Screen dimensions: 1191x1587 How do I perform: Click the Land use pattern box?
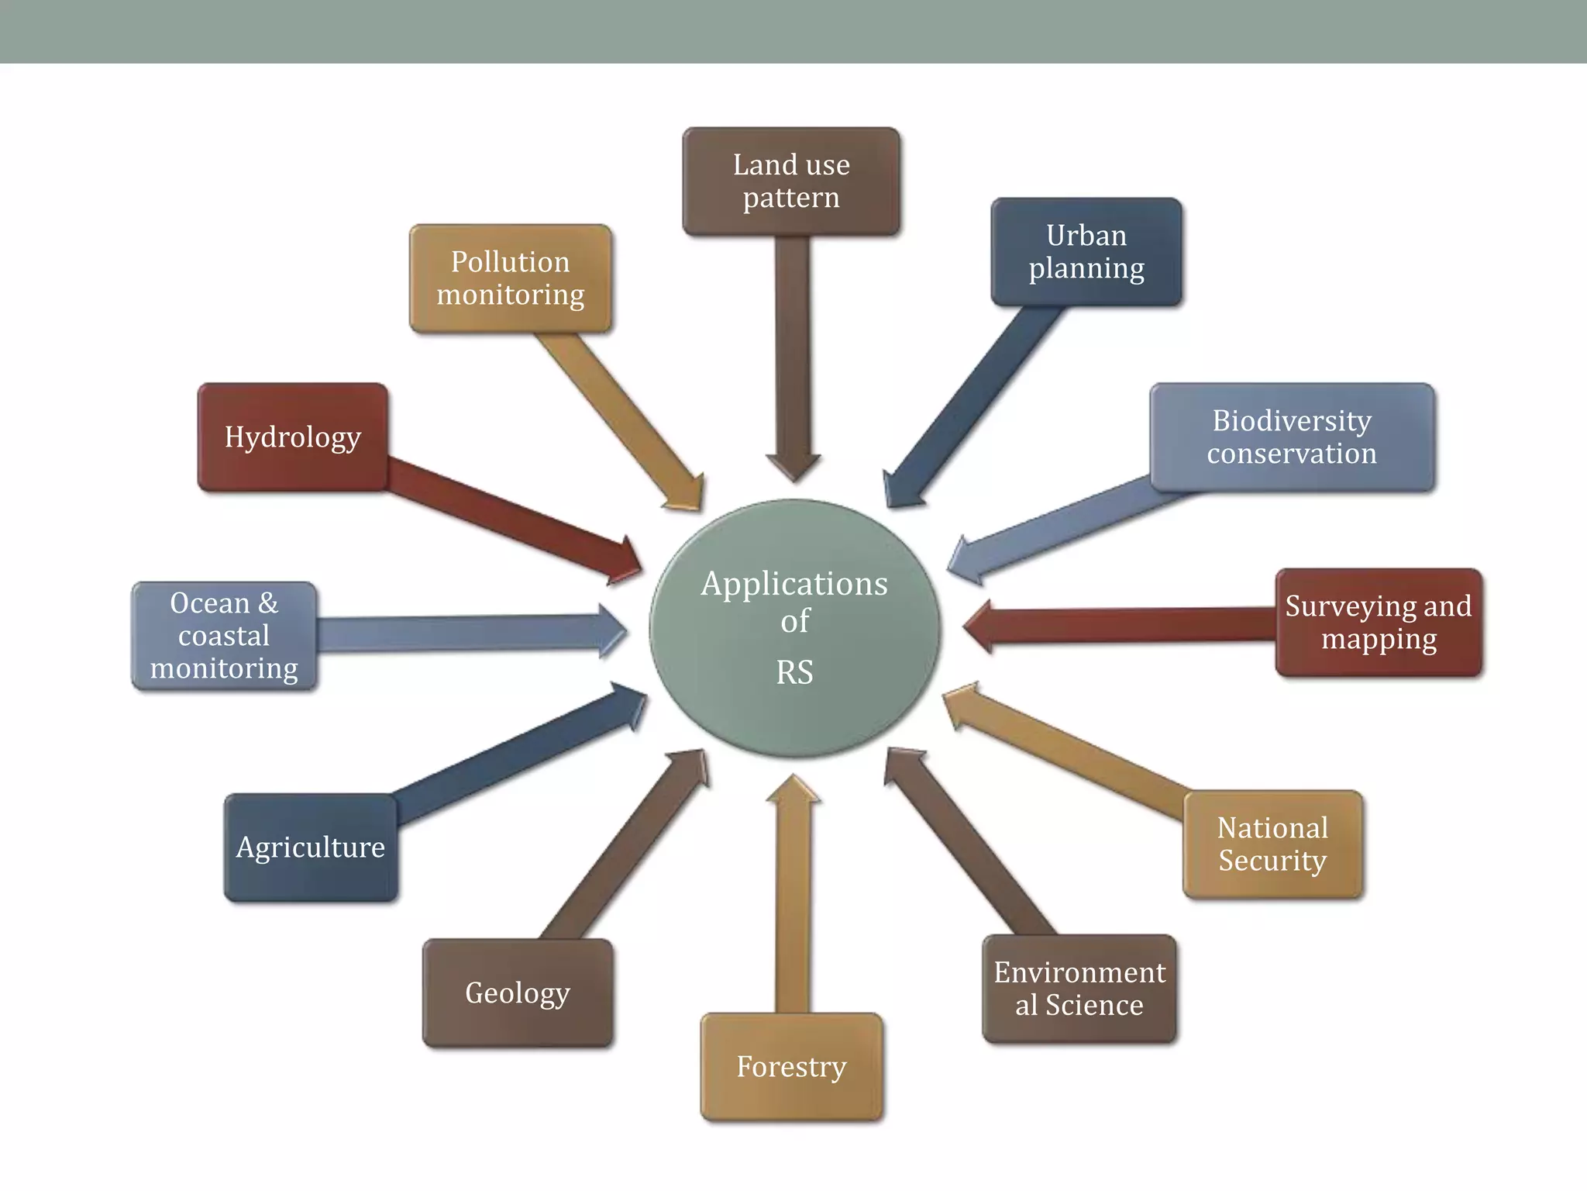pos(791,181)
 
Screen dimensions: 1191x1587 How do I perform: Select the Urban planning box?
pos(1086,252)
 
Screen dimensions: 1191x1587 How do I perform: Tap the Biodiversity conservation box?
pos(1292,437)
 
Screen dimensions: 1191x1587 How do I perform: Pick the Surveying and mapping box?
pos(1379,623)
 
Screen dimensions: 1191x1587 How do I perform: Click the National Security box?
pos(1272,844)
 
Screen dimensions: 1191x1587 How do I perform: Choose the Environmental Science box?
pos(1079,989)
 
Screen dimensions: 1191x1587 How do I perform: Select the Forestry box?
pos(791,1067)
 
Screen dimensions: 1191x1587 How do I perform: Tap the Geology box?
pos(518,993)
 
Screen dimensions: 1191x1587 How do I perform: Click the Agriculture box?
pos(311,848)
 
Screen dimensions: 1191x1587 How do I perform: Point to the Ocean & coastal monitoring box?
pos(224,636)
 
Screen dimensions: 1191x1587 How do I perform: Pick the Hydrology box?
pos(292,437)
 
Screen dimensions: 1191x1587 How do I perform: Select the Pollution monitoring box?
pos(511,279)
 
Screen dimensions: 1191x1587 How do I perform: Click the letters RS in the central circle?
pos(794,672)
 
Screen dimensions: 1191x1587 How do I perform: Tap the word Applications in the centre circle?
pos(794,584)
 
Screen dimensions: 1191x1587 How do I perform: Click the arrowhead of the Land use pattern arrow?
pos(793,467)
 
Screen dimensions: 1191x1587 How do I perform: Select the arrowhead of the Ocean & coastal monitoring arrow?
pos(611,631)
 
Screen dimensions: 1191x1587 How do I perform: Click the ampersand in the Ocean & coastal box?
pos(268,603)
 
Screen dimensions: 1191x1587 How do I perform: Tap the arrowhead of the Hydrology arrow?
pos(627,559)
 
